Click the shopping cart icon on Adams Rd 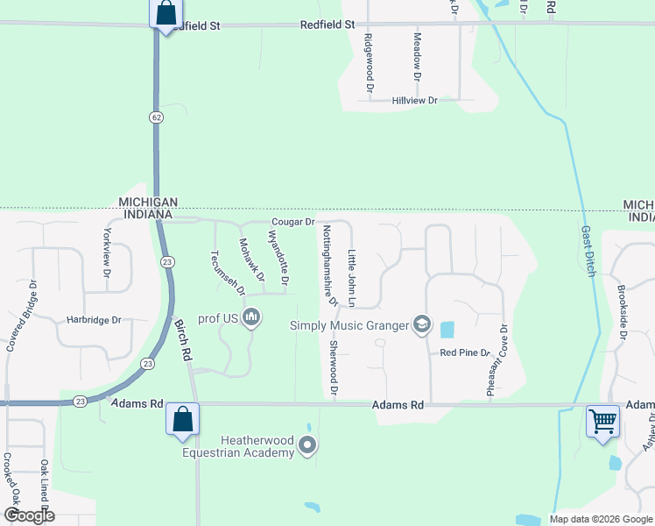pos(602,423)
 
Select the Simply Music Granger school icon pos(422,325)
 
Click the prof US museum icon pos(251,316)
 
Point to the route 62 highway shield pos(156,117)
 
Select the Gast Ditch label pos(588,252)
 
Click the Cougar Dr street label pos(292,223)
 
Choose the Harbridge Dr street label pos(93,321)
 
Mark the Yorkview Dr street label pos(108,253)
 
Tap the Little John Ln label pos(352,278)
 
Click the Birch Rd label pos(184,340)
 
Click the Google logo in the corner pos(29,515)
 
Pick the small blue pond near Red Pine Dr pos(447,331)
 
